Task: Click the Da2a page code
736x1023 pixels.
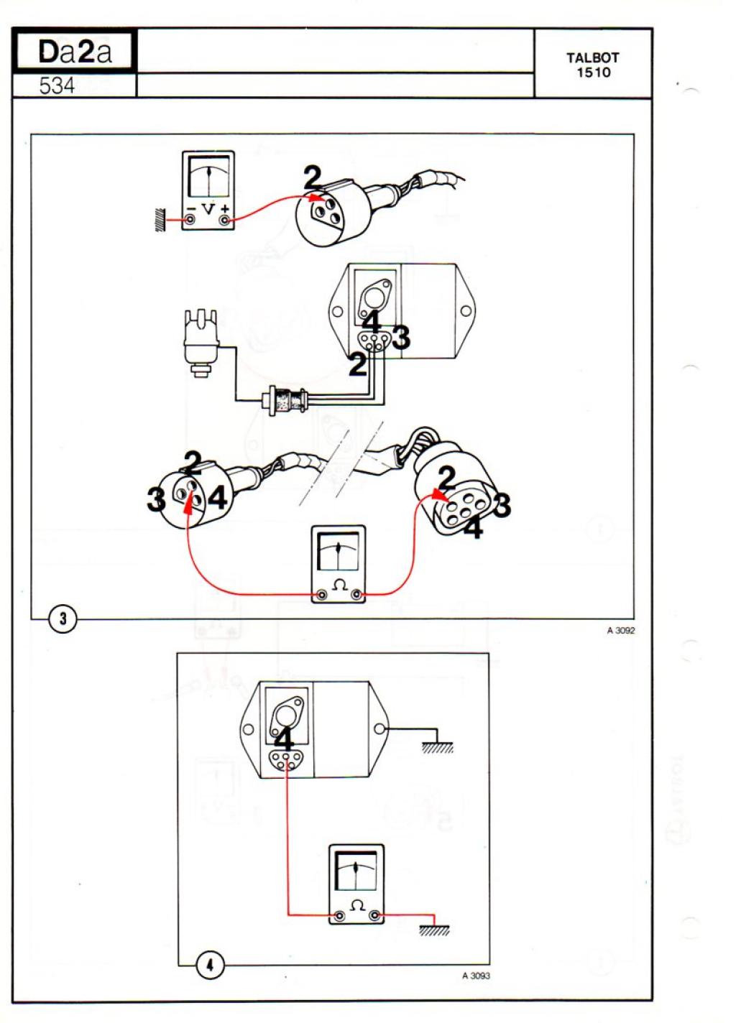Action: pos(75,52)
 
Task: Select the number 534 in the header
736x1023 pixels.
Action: pos(57,86)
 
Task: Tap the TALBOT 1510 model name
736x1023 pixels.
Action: pos(592,65)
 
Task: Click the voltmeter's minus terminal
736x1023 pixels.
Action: pos(190,220)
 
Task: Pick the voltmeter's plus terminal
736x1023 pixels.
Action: pos(226,220)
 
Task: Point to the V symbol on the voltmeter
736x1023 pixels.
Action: pos(208,209)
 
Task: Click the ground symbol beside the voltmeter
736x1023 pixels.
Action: pos(155,220)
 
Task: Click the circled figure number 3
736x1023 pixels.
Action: pos(63,618)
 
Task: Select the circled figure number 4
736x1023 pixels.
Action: pos(210,966)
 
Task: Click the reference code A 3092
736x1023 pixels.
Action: pos(620,631)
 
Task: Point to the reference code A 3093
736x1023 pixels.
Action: pos(476,976)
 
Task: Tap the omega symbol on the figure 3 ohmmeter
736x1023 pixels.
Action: pos(339,585)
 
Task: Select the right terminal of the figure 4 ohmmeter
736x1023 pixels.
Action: pos(374,916)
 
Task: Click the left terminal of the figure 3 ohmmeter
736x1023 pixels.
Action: pos(322,594)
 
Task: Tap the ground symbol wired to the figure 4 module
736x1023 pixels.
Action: pos(437,747)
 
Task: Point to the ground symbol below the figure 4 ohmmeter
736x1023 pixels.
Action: pos(434,930)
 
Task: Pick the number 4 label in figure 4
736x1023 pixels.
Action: pos(284,740)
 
